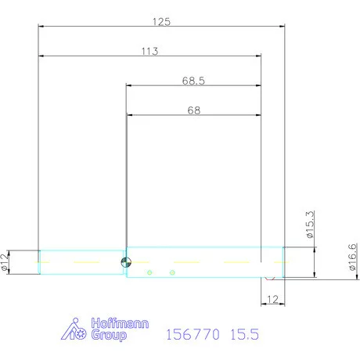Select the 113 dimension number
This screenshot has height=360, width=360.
tap(150, 52)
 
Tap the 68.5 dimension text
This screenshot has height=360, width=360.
tap(193, 81)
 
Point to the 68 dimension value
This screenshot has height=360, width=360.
tap(193, 111)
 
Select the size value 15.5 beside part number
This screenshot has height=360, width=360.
tap(244, 335)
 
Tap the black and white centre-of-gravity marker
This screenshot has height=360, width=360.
tap(124, 262)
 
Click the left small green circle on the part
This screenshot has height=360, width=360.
tap(149, 272)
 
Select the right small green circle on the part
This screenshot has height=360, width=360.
tap(171, 272)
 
